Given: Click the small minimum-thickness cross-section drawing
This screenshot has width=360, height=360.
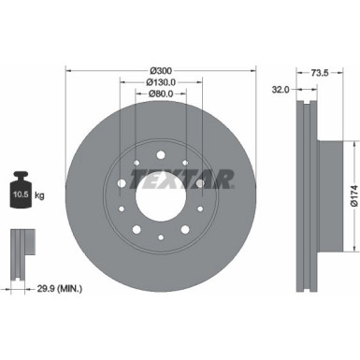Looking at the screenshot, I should [20, 247].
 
